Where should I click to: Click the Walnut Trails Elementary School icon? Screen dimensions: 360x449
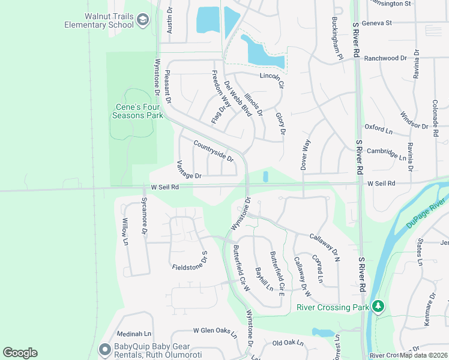click(142, 21)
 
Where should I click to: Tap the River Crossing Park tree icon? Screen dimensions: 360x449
click(378, 307)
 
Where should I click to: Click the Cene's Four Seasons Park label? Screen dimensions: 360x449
click(139, 111)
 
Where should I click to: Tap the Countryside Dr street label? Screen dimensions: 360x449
click(213, 150)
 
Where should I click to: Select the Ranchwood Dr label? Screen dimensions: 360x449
click(385, 58)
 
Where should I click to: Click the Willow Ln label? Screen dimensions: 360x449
click(125, 232)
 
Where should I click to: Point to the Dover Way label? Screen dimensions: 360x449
click(306, 155)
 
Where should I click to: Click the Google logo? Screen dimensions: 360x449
click(20, 353)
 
